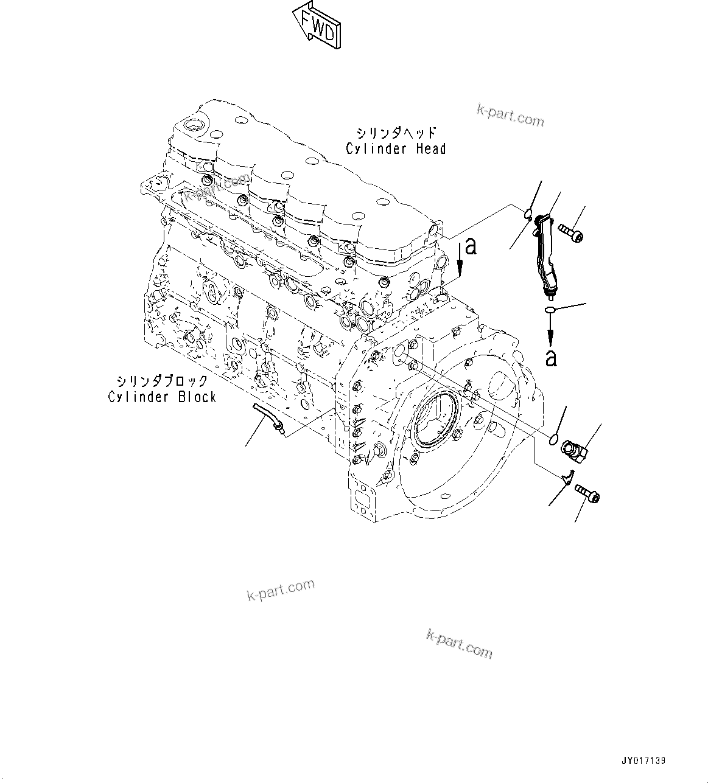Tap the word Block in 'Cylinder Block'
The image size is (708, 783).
pyautogui.click(x=197, y=397)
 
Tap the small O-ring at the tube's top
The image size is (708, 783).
pyautogui.click(x=528, y=213)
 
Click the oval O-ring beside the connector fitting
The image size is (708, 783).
pyautogui.click(x=555, y=439)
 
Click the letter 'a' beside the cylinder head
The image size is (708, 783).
pyautogui.click(x=469, y=246)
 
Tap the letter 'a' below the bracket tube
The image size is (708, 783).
pyautogui.click(x=551, y=358)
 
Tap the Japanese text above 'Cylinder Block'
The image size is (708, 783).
pyautogui.click(x=163, y=381)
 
